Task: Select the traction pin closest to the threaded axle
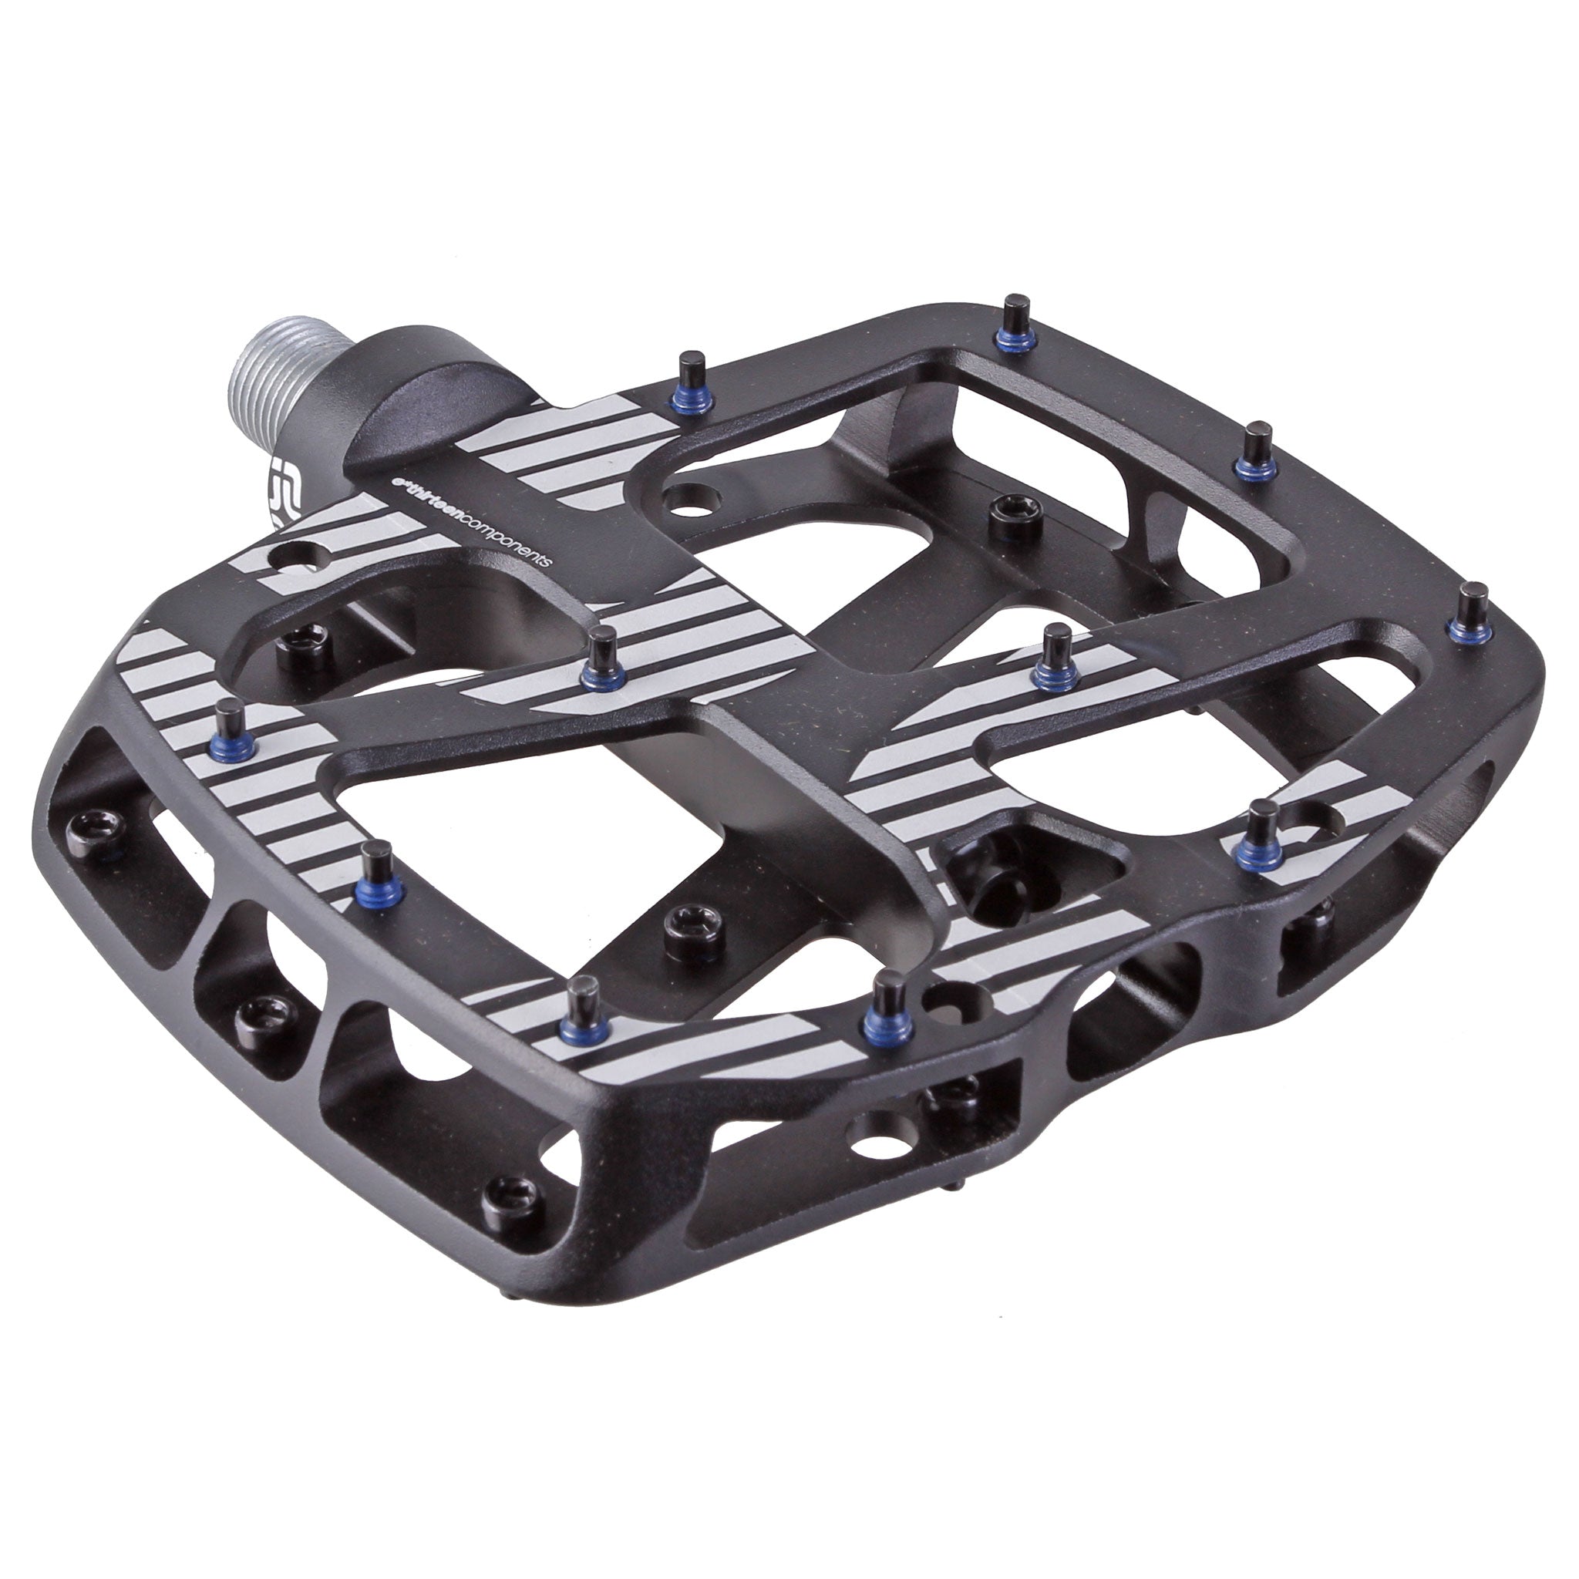(x=693, y=380)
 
